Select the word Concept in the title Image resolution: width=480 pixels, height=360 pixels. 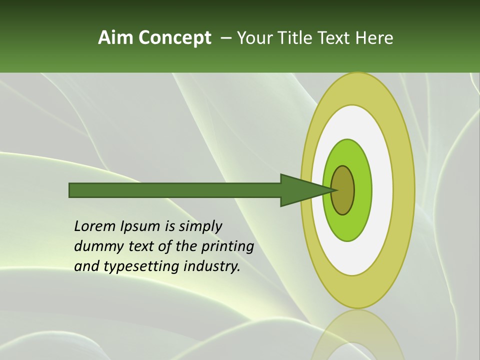click(175, 38)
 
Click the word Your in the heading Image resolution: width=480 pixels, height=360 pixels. click(254, 38)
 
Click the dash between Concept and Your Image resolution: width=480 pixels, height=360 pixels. click(225, 38)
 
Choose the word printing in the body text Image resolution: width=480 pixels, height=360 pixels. click(227, 247)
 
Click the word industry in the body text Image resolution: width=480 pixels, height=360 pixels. click(212, 266)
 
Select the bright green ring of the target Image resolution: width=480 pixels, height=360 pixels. click(362, 190)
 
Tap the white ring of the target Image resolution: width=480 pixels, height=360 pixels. click(382, 190)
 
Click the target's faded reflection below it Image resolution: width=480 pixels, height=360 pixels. click(357, 335)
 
